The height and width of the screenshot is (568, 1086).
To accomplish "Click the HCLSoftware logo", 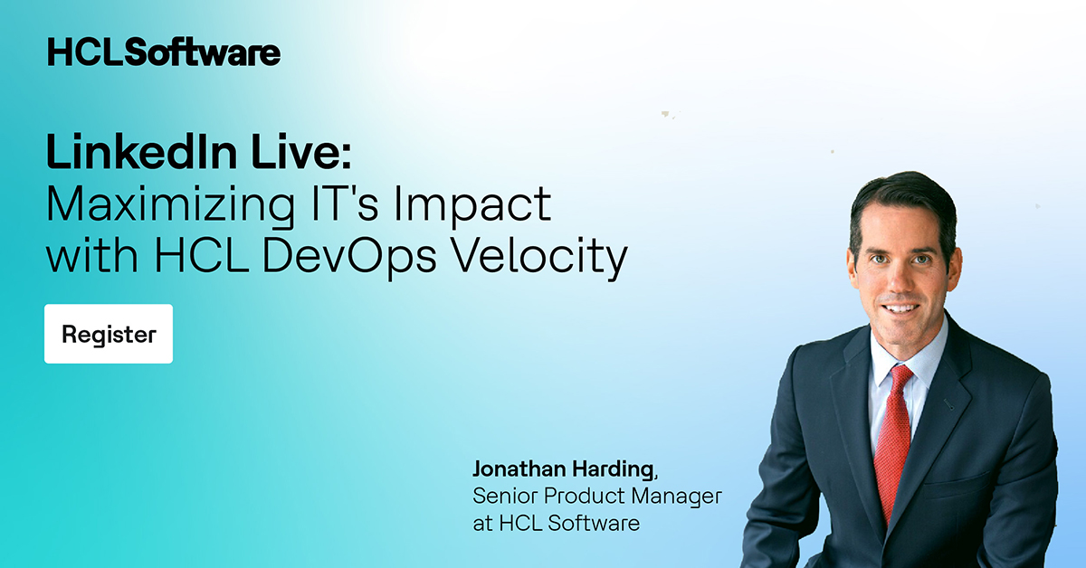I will click(x=164, y=52).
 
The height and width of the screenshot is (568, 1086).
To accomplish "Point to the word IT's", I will click(x=323, y=204).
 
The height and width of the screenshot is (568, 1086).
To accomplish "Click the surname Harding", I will click(x=611, y=469).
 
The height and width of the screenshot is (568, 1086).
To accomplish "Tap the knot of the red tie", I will click(x=900, y=374).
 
